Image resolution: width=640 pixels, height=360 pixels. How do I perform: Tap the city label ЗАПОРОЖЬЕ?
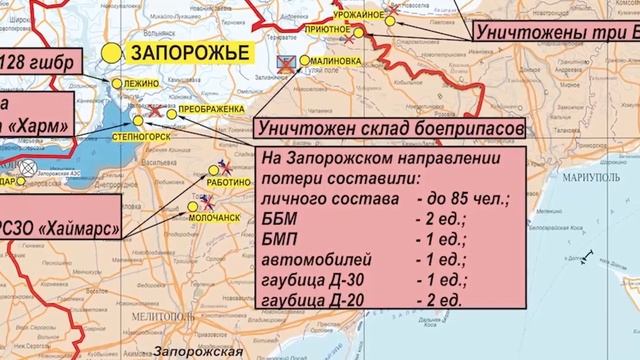tap(176, 51)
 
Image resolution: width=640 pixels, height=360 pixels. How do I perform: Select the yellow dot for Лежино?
tap(117, 84)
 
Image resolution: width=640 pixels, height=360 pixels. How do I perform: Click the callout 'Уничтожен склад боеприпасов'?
tap(390, 130)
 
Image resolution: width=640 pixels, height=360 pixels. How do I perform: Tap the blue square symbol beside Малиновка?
tap(287, 62)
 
